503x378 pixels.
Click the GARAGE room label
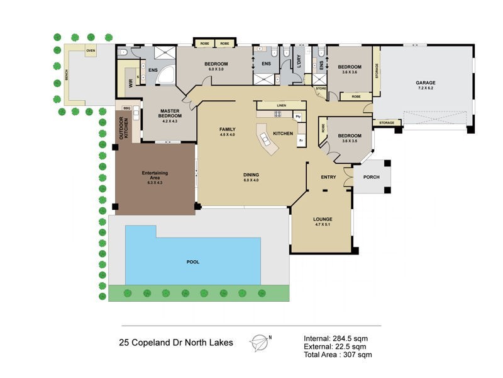click(425, 83)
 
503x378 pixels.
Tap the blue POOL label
click(192, 261)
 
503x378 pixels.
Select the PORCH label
click(371, 177)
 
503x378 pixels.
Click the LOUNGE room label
click(323, 219)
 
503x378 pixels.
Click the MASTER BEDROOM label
click(170, 113)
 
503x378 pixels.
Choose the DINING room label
click(251, 175)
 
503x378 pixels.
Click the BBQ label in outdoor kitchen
click(135, 108)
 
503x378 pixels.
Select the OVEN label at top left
click(91, 52)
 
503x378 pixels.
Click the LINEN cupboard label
click(281, 105)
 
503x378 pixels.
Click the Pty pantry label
click(299, 117)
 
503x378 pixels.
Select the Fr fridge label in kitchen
click(301, 140)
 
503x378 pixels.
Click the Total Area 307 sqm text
click(338, 355)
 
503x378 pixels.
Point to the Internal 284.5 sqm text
click(335, 338)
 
